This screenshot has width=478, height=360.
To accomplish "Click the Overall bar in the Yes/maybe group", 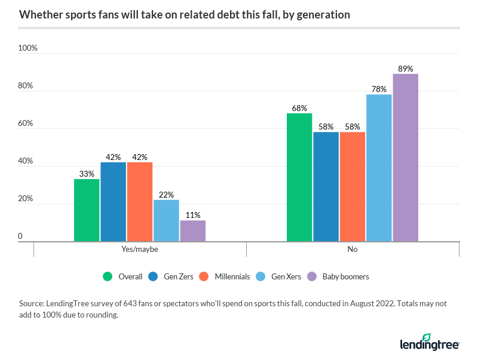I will click(87, 210).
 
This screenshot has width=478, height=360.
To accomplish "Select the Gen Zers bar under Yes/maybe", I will click(113, 202).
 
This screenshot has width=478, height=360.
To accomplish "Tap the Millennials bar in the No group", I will click(352, 186).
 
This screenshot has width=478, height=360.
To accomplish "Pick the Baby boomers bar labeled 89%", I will click(405, 158).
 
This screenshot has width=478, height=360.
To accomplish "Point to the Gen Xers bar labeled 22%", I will click(166, 220).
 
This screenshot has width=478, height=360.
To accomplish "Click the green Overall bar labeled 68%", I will click(299, 177).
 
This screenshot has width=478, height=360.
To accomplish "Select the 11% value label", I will click(192, 215).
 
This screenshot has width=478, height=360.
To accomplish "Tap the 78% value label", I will click(379, 89).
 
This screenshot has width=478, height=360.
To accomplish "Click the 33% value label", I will click(87, 174).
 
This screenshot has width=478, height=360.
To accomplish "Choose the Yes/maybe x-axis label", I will click(140, 250).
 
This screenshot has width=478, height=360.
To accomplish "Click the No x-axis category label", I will click(353, 250).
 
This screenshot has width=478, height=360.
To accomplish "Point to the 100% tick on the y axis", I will click(27, 48).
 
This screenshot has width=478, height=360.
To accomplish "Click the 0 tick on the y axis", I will click(20, 236).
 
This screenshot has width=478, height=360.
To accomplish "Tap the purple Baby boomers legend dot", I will click(311, 276).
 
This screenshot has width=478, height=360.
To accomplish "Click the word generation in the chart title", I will click(320, 15).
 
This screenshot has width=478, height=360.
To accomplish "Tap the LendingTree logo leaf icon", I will click(427, 338).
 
